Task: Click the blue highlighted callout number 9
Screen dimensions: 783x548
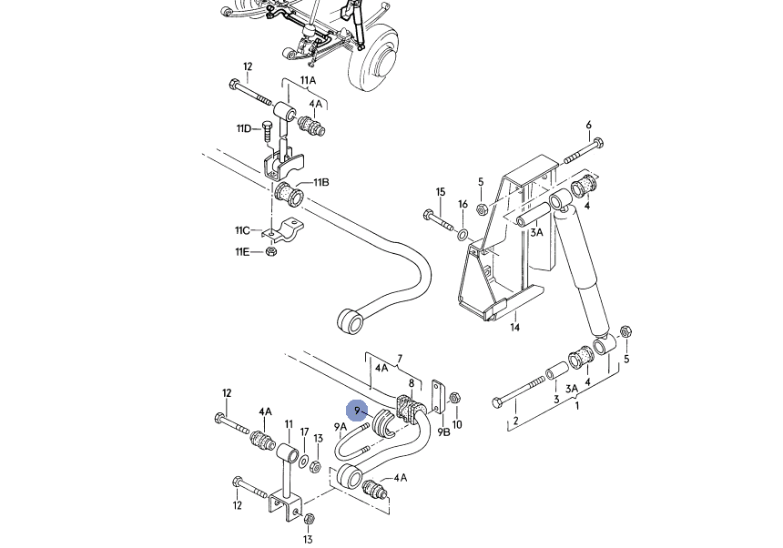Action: [x=357, y=411]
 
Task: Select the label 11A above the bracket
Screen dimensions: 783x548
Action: [x=308, y=80]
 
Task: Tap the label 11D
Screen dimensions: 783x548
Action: [x=244, y=128]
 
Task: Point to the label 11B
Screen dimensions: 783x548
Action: [x=321, y=182]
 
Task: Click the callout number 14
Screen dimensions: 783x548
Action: [x=514, y=328]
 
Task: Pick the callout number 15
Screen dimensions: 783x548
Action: [x=440, y=192]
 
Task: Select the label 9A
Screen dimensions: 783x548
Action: [x=341, y=427]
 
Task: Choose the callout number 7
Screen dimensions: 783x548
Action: [x=400, y=359]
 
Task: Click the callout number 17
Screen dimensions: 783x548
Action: [x=304, y=432]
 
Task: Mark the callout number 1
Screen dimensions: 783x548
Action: [x=576, y=406]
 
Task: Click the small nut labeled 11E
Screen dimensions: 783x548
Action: [x=271, y=251]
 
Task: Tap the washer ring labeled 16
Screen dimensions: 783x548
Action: [x=463, y=234]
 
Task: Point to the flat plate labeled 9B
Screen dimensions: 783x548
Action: [x=438, y=396]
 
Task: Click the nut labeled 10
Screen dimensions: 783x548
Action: [x=454, y=398]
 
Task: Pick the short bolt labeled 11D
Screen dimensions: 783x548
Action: [x=267, y=132]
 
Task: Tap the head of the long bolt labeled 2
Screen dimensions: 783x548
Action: [x=497, y=402]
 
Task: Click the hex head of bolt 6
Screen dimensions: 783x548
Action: [x=599, y=142]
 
